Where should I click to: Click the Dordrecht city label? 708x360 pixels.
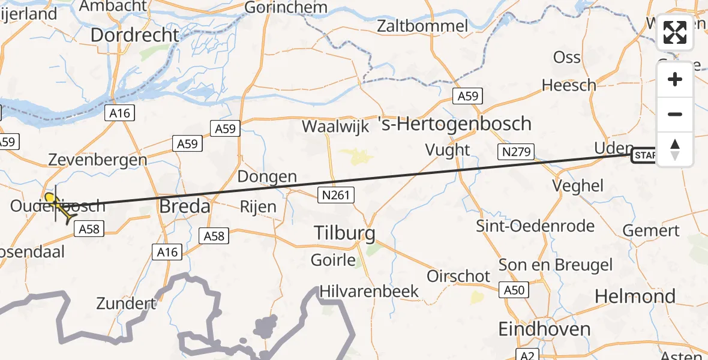(134, 35)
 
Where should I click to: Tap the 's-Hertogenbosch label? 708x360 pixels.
(455, 124)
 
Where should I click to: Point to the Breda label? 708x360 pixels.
(185, 207)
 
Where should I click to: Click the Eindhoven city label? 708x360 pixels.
(545, 329)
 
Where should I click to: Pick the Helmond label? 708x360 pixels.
(635, 296)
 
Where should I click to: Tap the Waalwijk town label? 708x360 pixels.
(335, 127)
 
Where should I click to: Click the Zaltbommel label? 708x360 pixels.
(422, 26)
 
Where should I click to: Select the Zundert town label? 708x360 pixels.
(126, 303)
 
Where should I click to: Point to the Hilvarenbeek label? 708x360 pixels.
(369, 292)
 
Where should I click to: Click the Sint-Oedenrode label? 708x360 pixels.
(535, 226)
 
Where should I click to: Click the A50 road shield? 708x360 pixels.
(514, 290)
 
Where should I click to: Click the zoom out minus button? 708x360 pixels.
(675, 114)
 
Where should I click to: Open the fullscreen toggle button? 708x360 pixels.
(675, 32)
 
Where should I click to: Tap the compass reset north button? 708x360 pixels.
(675, 149)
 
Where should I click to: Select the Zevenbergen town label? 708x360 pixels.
(98, 160)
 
